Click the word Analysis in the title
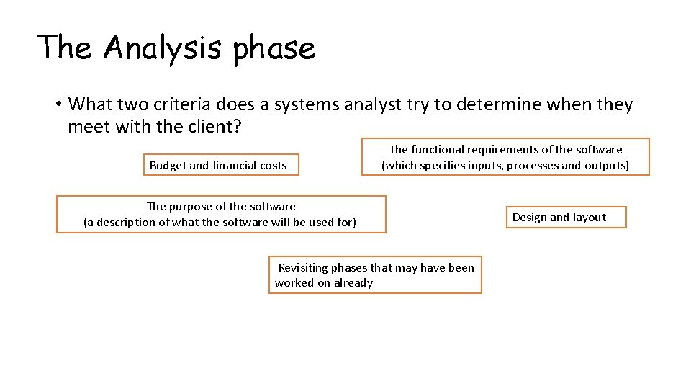163,48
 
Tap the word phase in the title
274,49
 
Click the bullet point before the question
57,105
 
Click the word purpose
193,207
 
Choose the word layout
590,218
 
